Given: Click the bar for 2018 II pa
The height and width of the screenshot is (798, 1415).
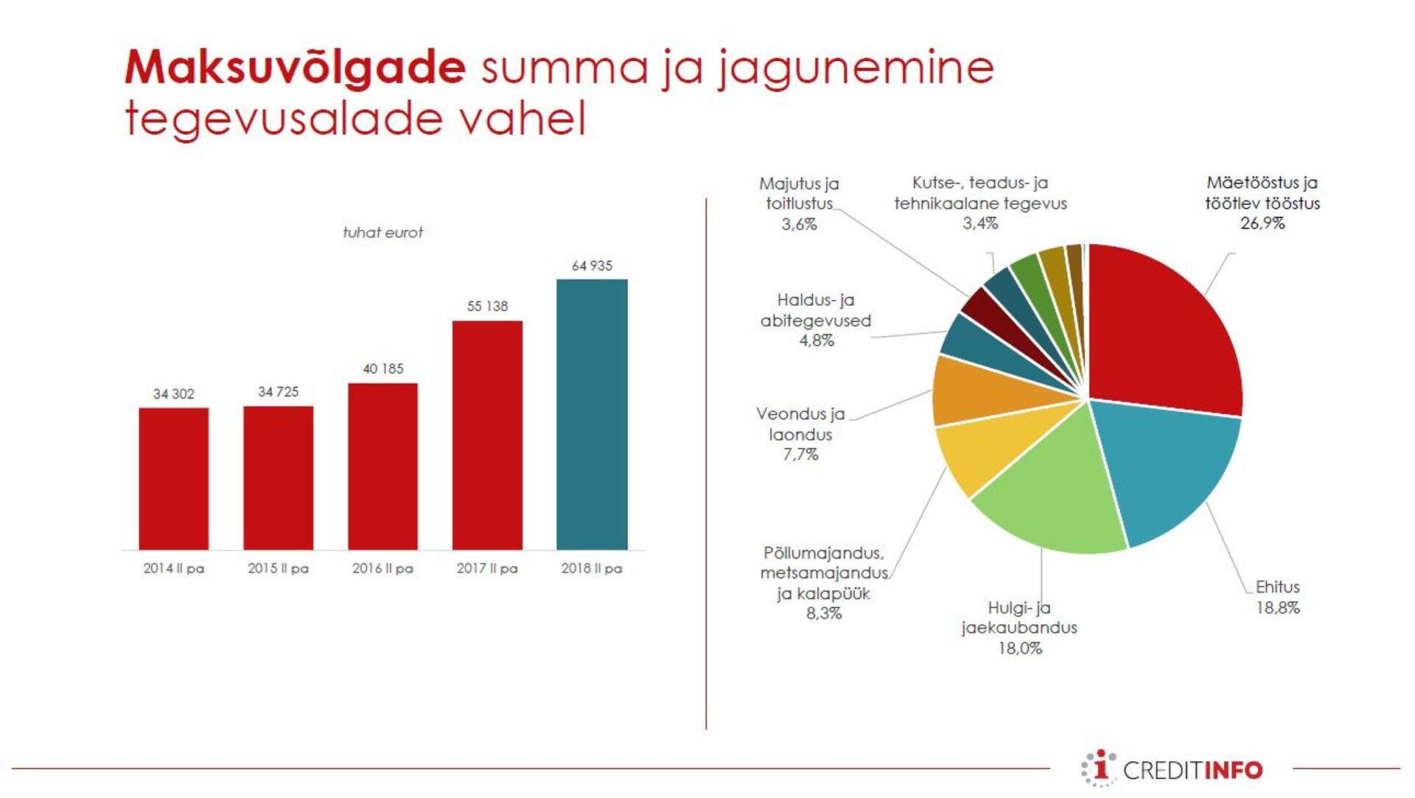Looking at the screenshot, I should (x=592, y=414).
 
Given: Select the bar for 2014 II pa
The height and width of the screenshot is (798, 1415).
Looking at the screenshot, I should (x=174, y=478).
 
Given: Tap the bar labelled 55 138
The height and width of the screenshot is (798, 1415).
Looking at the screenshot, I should (x=487, y=435).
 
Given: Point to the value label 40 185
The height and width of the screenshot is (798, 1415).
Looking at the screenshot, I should (x=383, y=368).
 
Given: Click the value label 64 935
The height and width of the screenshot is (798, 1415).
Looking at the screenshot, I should (x=592, y=265).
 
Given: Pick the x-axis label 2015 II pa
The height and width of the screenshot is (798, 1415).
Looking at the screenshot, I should (x=278, y=568).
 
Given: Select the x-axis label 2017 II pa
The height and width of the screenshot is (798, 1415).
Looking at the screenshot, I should (x=487, y=568).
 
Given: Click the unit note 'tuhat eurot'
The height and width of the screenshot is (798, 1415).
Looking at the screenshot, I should (x=382, y=233).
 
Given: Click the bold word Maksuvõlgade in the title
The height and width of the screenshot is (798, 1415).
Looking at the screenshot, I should (x=295, y=67).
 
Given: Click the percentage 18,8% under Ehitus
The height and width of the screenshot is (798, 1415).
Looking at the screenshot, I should (x=1278, y=608).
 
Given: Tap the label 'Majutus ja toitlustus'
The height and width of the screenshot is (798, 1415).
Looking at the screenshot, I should (x=799, y=193).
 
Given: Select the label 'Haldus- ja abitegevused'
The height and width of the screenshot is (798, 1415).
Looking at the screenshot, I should (x=816, y=310).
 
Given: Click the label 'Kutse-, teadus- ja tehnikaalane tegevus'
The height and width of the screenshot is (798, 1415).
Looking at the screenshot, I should (x=980, y=193).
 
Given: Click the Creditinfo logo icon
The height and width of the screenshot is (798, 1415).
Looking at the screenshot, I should (x=1099, y=769).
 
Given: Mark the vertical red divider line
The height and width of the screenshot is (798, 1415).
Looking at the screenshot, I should (x=706, y=464).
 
